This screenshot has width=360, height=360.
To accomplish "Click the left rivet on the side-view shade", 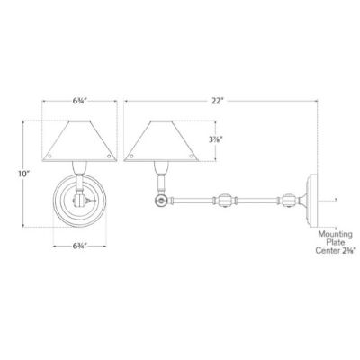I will tap(135, 155).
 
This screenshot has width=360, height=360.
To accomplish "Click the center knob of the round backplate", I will tap(80, 202).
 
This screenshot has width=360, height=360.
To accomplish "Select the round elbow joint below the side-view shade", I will tap(162, 201).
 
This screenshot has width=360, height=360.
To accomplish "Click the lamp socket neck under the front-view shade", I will tap(80, 167).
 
